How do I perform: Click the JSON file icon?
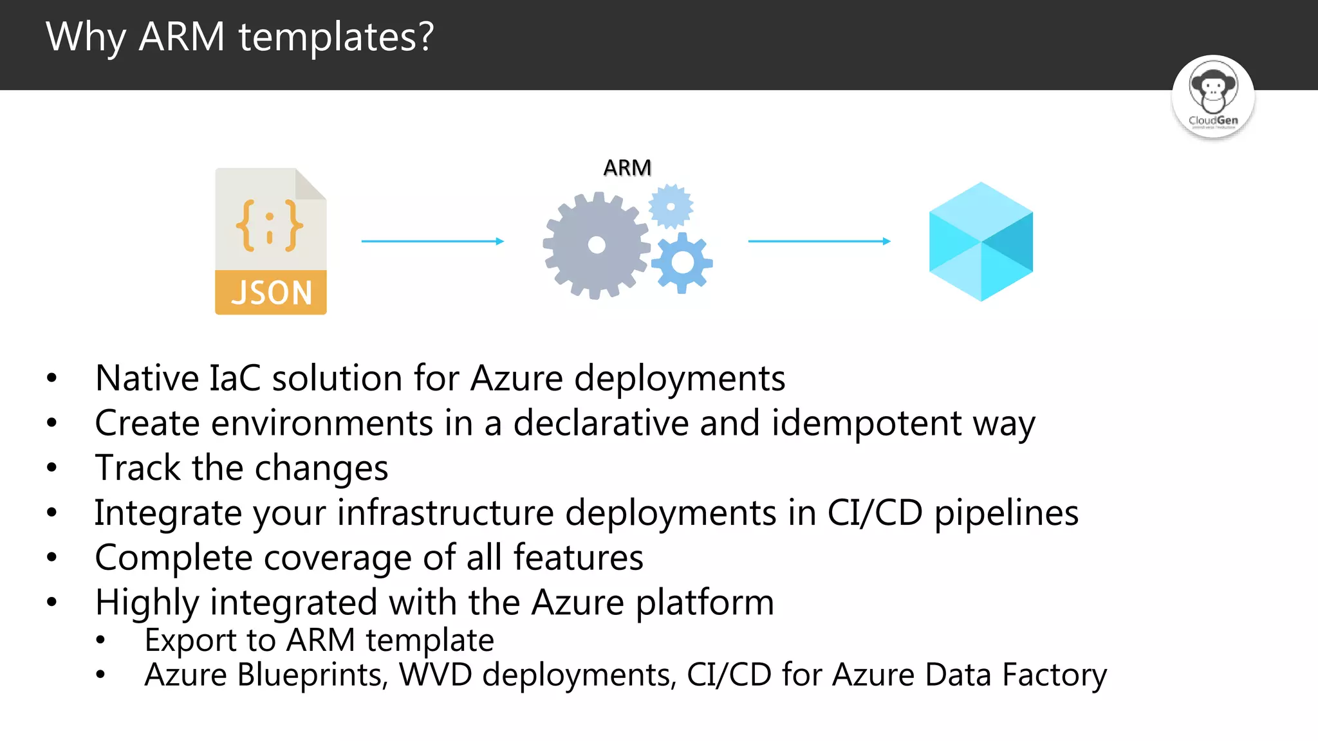point(270,241)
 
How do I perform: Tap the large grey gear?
point(596,245)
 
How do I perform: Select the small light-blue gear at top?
point(671,206)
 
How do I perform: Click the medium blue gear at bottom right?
point(682,262)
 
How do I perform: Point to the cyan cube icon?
point(981,241)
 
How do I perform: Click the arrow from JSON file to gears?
point(432,241)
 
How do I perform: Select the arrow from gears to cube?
point(819,241)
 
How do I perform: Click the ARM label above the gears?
point(627,168)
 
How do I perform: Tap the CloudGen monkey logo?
point(1212,96)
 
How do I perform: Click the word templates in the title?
point(335,37)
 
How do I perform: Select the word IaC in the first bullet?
point(235,378)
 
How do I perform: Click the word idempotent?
point(866,424)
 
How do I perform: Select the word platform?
point(705,603)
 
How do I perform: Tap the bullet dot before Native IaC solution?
point(52,378)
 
